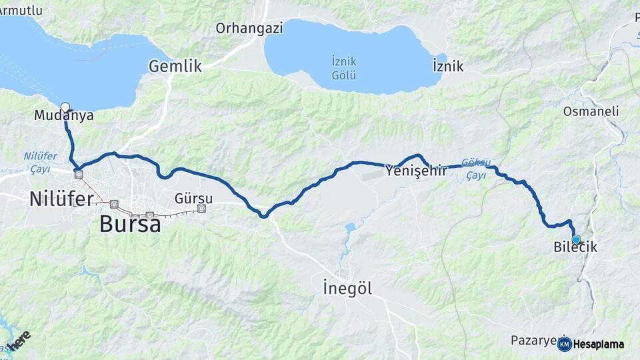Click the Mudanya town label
pyautogui.click(x=63, y=116)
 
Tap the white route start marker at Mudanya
pyautogui.click(x=65, y=107)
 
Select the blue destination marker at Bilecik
pyautogui.click(x=576, y=239)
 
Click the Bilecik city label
pyautogui.click(x=575, y=247)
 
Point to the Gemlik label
pyautogui.click(x=175, y=66)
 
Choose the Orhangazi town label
pyautogui.click(x=249, y=28)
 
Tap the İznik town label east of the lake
pyautogui.click(x=448, y=67)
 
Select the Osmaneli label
pyautogui.click(x=591, y=111)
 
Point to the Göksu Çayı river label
pyautogui.click(x=476, y=169)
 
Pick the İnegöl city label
pyautogui.click(x=347, y=289)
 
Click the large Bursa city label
pyautogui.click(x=130, y=224)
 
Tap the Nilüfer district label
pyautogui.click(x=61, y=198)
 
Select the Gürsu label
pyautogui.click(x=193, y=199)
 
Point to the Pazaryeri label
pyautogui.click(x=533, y=340)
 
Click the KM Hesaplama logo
pyautogui.click(x=591, y=344)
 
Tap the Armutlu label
pyautogui.click(x=21, y=10)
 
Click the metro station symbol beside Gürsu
pyautogui.click(x=201, y=209)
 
